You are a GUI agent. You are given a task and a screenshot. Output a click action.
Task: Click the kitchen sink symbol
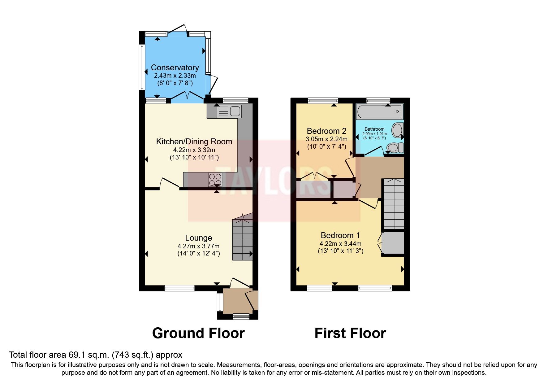[229, 111]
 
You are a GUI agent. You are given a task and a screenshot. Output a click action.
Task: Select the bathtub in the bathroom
[380, 111]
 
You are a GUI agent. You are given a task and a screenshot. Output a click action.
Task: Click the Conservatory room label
[175, 68]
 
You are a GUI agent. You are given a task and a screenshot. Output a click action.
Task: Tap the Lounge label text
[198, 238]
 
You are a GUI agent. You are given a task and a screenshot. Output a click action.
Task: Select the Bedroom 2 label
[326, 131]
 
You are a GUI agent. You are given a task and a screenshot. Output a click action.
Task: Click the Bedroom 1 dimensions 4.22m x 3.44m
[340, 244]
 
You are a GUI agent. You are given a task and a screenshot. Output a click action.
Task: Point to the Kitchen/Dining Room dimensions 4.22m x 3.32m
[194, 150]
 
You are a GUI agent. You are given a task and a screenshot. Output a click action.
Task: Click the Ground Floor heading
[198, 333]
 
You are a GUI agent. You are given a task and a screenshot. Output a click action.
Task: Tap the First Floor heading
[350, 333]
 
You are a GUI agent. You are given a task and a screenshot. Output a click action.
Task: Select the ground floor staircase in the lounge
[243, 240]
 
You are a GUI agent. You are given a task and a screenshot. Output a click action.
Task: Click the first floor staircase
[394, 204]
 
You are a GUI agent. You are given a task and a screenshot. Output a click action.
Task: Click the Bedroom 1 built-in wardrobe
[393, 243]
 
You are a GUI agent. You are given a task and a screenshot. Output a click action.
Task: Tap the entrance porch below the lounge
[238, 301]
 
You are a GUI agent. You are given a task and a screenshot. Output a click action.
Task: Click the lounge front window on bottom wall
[179, 288]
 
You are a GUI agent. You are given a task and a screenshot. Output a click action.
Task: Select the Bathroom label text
[374, 129]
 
